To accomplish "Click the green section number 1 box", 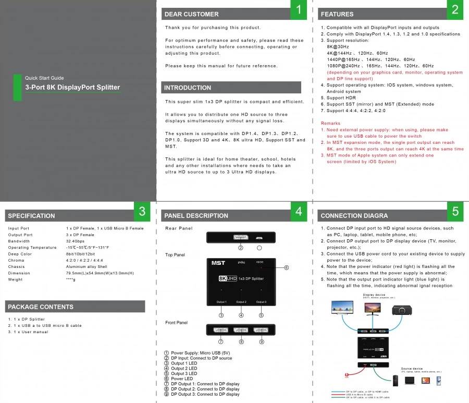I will [x=299, y=10].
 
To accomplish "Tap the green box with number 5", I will [x=455, y=211].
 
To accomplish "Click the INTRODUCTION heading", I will [x=188, y=88].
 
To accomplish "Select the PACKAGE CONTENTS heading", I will [x=41, y=307].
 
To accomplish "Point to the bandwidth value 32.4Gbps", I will [x=76, y=241].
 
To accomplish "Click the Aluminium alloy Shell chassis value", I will [x=87, y=266].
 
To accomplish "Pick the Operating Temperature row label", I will [x=32, y=248].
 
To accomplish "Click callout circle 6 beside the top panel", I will [x=286, y=267].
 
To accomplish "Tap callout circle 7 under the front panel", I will [x=221, y=341].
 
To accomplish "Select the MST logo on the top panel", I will [x=218, y=263].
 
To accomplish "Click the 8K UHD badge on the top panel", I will [x=228, y=279].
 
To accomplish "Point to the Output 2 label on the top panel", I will [x=241, y=302].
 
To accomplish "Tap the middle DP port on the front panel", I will [x=241, y=330].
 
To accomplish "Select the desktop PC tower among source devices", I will [x=397, y=381].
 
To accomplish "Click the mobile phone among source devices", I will [x=439, y=381].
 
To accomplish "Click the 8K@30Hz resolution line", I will [x=338, y=47].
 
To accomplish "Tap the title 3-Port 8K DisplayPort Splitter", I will [x=72, y=87].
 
